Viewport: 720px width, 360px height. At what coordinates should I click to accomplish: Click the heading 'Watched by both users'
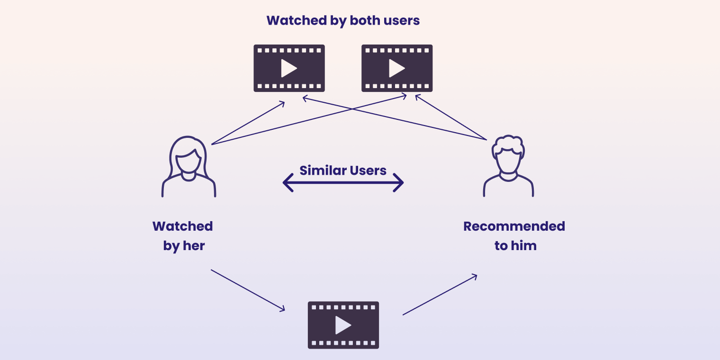pos(343,21)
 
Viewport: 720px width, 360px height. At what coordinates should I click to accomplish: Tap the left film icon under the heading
pos(289,68)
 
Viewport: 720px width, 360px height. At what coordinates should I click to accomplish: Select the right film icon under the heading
pos(397,68)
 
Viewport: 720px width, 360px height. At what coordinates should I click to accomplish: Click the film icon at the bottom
pos(343,325)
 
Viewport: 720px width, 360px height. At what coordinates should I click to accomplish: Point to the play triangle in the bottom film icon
pos(342,325)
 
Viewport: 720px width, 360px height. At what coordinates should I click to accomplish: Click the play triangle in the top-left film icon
pos(288,68)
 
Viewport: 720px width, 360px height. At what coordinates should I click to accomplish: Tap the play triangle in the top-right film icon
pos(396,68)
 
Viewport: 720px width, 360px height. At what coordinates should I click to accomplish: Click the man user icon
pos(508,166)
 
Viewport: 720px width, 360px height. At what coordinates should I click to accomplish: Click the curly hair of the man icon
pos(508,143)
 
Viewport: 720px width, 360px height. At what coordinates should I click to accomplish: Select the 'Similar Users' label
pos(343,171)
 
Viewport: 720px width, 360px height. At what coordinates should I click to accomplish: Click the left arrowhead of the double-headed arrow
pos(287,182)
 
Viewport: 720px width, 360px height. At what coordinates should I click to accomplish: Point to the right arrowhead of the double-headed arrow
pos(399,182)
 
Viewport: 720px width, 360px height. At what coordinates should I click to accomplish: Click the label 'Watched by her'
pos(183,236)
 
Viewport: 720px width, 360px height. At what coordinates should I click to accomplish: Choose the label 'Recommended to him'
pos(514,236)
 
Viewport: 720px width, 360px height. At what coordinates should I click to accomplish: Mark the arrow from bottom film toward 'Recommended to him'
pos(440,295)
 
